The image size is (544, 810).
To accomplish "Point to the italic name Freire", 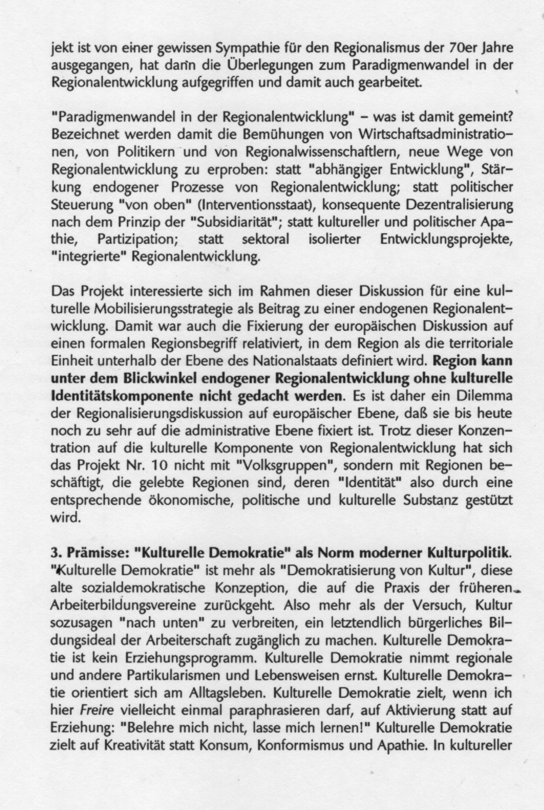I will pyautogui.click(x=97, y=710).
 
